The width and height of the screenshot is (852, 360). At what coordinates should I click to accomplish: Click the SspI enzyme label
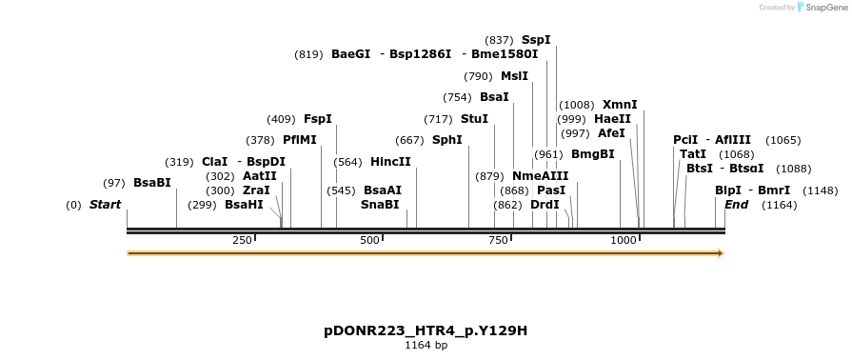point(536,40)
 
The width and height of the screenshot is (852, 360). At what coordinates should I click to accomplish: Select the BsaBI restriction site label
point(152,183)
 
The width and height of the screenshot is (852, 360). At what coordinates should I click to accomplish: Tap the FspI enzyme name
point(318,119)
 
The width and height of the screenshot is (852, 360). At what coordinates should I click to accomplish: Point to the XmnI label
point(620,105)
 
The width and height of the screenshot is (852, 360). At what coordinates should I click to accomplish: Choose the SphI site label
point(447,140)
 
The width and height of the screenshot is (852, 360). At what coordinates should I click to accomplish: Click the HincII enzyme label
point(390,162)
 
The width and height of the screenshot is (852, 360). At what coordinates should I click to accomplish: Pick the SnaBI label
point(380,205)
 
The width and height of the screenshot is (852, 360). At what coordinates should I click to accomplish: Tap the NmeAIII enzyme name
point(540,176)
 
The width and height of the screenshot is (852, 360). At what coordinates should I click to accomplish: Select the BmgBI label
point(593,154)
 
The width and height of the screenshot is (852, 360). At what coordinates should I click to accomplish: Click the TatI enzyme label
point(693,154)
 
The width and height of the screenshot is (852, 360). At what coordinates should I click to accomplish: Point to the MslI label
point(514,76)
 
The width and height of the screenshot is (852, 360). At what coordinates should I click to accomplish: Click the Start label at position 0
point(105,205)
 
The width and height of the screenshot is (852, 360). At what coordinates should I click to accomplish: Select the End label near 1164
point(736,205)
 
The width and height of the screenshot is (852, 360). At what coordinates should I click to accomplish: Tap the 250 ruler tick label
point(241,240)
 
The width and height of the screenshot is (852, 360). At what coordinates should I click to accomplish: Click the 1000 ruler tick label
point(624,240)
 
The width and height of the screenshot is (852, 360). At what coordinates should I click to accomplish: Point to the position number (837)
point(500,40)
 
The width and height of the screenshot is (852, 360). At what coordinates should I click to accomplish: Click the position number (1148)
point(821,190)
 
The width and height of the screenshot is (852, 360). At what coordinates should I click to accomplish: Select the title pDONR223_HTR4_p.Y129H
point(426,331)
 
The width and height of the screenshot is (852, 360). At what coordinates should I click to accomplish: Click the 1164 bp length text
point(426,345)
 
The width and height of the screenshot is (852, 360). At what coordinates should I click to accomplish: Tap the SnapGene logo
point(824,8)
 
